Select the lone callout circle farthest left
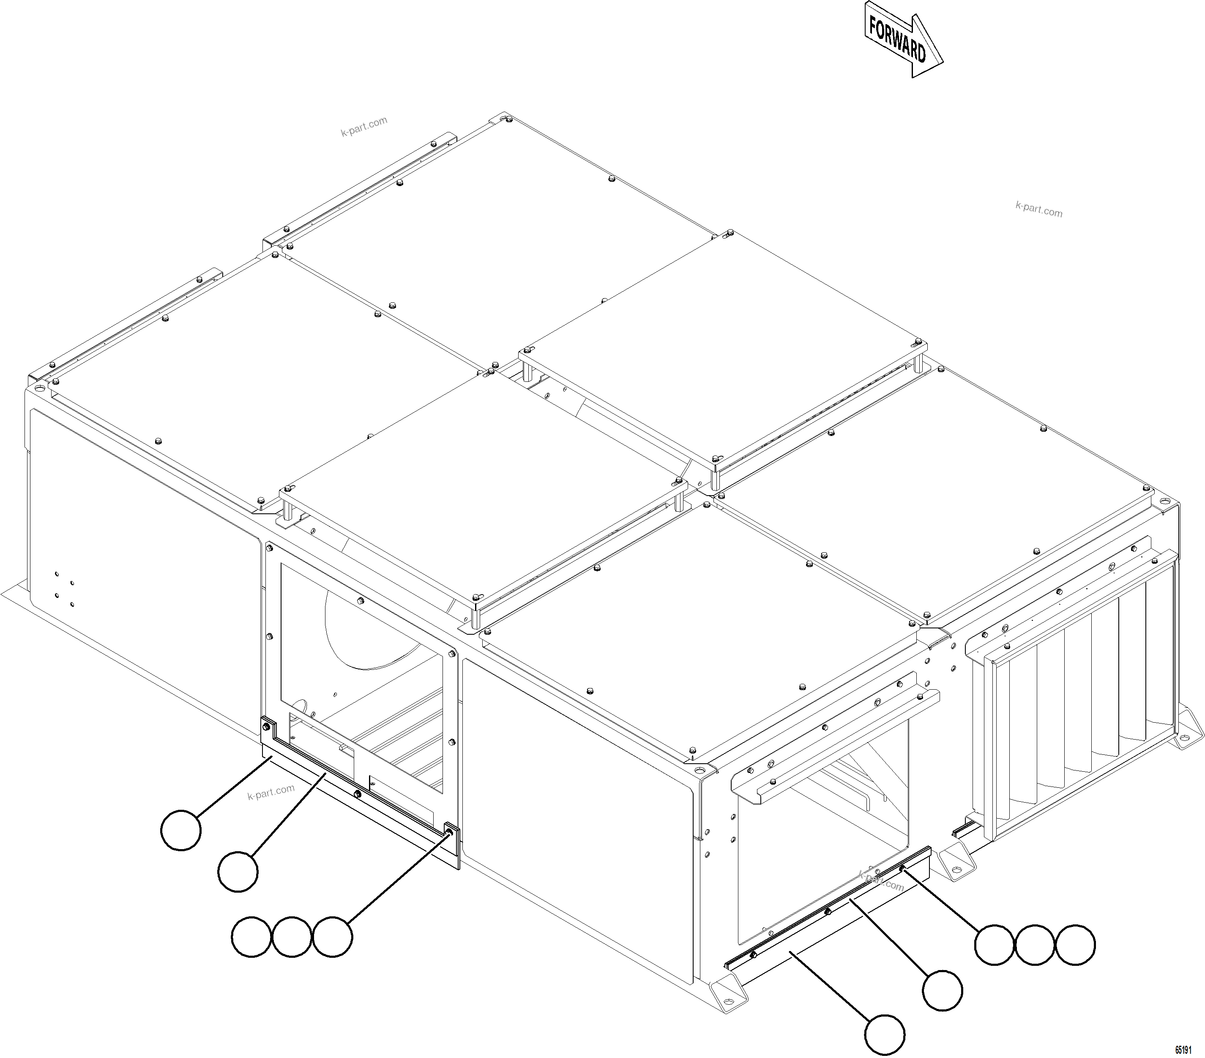tap(181, 830)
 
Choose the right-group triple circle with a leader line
tap(995, 945)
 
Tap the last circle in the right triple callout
tap(1075, 945)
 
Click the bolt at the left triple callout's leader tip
tap(450, 832)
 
